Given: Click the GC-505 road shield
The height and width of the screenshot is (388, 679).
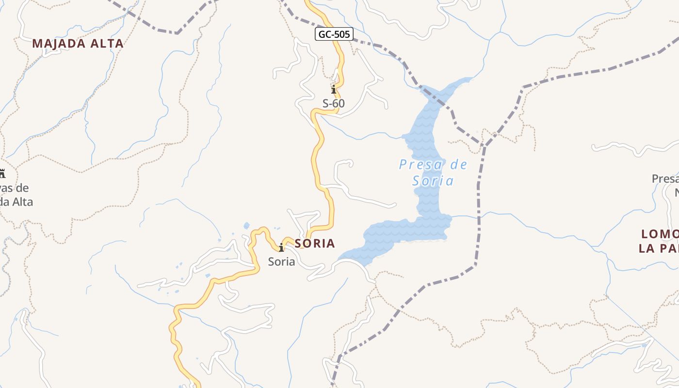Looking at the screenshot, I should (x=334, y=34).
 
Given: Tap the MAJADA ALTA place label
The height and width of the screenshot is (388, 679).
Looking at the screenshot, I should (x=78, y=44).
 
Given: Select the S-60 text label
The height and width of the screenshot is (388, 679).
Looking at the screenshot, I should (x=334, y=103).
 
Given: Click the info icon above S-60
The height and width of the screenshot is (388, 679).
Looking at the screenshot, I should (x=334, y=90).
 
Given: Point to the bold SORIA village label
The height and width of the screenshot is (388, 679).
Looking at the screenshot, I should (x=315, y=243).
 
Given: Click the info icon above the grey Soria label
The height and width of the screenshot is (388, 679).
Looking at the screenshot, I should (x=281, y=247).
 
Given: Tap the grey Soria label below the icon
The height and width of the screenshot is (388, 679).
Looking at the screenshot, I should (x=281, y=262).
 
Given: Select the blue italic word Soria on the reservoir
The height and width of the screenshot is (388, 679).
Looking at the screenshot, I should (x=433, y=181).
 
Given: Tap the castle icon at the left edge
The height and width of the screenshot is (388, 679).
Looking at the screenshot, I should (x=2, y=173).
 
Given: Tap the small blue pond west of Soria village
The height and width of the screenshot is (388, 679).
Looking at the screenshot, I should (x=247, y=225).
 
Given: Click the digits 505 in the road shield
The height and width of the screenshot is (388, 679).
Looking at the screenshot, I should (x=342, y=34).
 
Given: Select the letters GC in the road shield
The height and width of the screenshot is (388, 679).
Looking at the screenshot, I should (x=324, y=34).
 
